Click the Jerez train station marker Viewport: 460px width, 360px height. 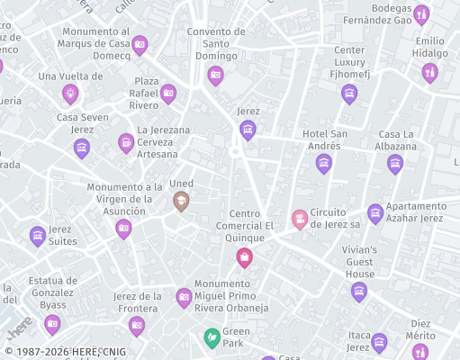point(248,130)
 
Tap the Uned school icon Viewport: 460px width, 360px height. point(181,202)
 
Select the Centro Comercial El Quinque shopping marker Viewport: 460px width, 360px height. point(243,258)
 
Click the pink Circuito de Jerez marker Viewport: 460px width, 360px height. point(300,219)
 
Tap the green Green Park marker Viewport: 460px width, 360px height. point(212,337)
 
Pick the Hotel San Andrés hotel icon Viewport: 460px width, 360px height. point(324,163)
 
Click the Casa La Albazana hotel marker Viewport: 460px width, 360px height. point(394,164)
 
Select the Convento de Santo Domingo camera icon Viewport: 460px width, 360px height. point(215,76)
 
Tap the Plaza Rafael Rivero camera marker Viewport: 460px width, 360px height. point(168,93)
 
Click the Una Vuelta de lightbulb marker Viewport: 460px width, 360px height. point(70,93)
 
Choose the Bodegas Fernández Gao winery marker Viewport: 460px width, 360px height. point(420,14)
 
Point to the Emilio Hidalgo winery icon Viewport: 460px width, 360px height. point(430,73)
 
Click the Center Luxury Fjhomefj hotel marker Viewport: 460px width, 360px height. point(349,94)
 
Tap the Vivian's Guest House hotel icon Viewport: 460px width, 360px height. point(359,291)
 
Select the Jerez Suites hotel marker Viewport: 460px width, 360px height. point(38,236)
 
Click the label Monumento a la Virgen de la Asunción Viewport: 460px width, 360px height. point(124,199)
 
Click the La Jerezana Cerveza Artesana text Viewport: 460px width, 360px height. point(163,141)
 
